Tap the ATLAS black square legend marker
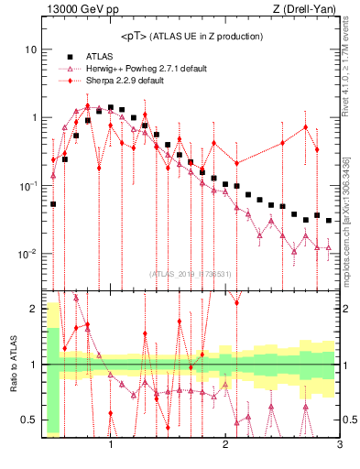[71, 56]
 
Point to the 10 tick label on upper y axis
[30, 49]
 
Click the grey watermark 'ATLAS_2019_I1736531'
[191, 273]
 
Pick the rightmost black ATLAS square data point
[329, 220]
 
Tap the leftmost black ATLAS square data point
[53, 204]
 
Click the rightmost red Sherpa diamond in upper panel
[317, 149]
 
